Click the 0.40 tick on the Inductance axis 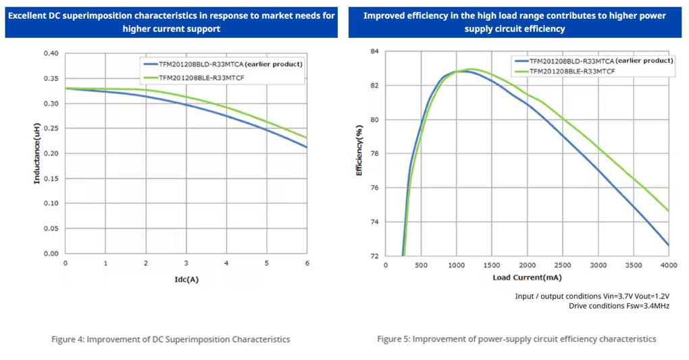[x=51, y=53]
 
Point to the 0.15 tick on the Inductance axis [x=51, y=178]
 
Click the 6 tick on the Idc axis [x=307, y=263]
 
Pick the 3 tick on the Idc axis [x=186, y=263]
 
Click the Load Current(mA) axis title [x=527, y=277]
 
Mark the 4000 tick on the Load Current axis [x=669, y=265]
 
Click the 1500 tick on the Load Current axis [x=492, y=265]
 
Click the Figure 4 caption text [x=170, y=339]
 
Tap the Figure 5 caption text [x=516, y=339]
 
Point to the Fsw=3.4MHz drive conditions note [x=619, y=306]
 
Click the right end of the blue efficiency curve [x=669, y=246]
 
